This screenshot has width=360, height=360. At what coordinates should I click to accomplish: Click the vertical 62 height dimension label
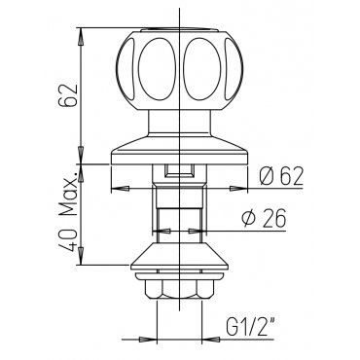click(x=68, y=95)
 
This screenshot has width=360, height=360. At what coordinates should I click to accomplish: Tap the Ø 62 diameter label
click(x=281, y=176)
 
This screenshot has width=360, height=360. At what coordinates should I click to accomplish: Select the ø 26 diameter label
click(x=264, y=218)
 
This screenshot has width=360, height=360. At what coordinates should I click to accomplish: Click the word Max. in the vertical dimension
click(x=68, y=193)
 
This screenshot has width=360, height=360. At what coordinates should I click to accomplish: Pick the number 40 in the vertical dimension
click(x=68, y=240)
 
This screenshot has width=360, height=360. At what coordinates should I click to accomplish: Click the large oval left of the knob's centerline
click(x=158, y=69)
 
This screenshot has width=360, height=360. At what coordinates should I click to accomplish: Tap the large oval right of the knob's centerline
click(x=202, y=69)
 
